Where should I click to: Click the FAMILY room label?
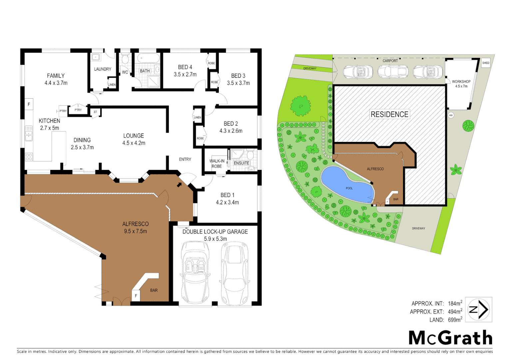[56, 76]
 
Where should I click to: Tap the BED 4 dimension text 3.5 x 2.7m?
[185, 74]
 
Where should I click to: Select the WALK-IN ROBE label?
[217, 163]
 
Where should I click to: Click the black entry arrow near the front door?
[179, 184]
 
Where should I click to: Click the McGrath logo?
[450, 338]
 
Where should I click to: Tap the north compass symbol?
[479, 310]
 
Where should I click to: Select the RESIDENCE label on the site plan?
[389, 114]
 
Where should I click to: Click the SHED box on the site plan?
[486, 63]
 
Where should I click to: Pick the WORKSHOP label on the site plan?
[461, 81]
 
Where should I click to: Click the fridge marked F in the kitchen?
[29, 104]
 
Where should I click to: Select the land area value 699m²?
[455, 320]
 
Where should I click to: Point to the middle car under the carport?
[393, 71]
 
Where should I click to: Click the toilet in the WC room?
[125, 59]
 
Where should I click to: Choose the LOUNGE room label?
[134, 136]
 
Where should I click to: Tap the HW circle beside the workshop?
[451, 115]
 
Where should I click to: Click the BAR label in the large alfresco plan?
[154, 290]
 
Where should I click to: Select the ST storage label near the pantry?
[95, 112]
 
